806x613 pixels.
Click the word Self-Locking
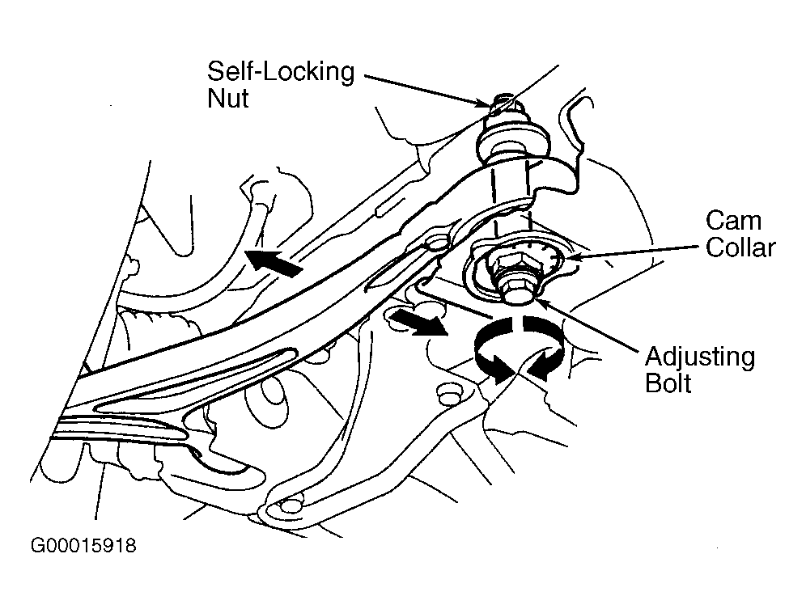[281, 71]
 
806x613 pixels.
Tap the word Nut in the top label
[227, 98]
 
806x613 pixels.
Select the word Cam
[733, 221]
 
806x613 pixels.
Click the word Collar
[740, 247]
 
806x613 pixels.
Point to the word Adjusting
[700, 357]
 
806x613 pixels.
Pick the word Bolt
[668, 383]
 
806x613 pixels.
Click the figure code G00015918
[83, 545]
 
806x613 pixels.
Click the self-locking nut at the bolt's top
[504, 105]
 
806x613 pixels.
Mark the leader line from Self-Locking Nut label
[426, 91]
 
